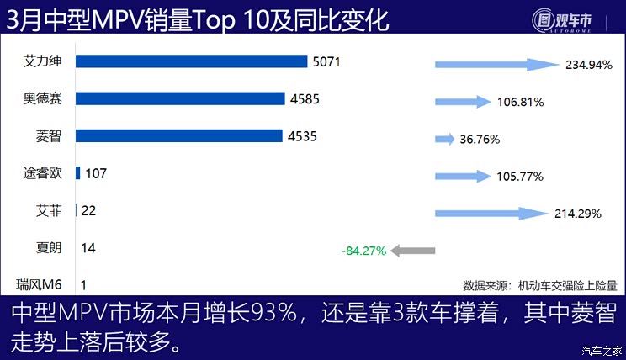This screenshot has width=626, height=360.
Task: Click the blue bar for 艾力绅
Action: click(x=191, y=61)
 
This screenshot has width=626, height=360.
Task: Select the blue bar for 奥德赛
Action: click(x=180, y=98)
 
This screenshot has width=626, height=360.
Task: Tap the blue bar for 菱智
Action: click(x=178, y=135)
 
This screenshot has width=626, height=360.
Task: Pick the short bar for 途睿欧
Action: click(x=77, y=173)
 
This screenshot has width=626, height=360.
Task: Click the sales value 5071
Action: click(x=325, y=61)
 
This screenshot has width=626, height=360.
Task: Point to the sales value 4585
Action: click(x=304, y=98)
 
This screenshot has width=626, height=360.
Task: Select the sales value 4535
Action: click(x=301, y=135)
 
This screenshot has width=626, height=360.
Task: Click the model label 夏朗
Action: click(x=48, y=248)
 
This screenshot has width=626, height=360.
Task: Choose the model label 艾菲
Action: click(x=48, y=210)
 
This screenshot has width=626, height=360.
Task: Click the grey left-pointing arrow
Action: click(x=413, y=250)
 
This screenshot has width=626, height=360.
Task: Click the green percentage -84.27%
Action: click(x=363, y=251)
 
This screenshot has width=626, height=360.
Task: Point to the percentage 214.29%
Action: click(x=578, y=214)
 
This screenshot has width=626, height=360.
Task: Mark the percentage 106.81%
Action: click(x=520, y=102)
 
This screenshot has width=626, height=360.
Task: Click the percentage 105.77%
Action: click(x=520, y=177)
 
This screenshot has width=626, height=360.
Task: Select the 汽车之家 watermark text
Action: click(x=602, y=350)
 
